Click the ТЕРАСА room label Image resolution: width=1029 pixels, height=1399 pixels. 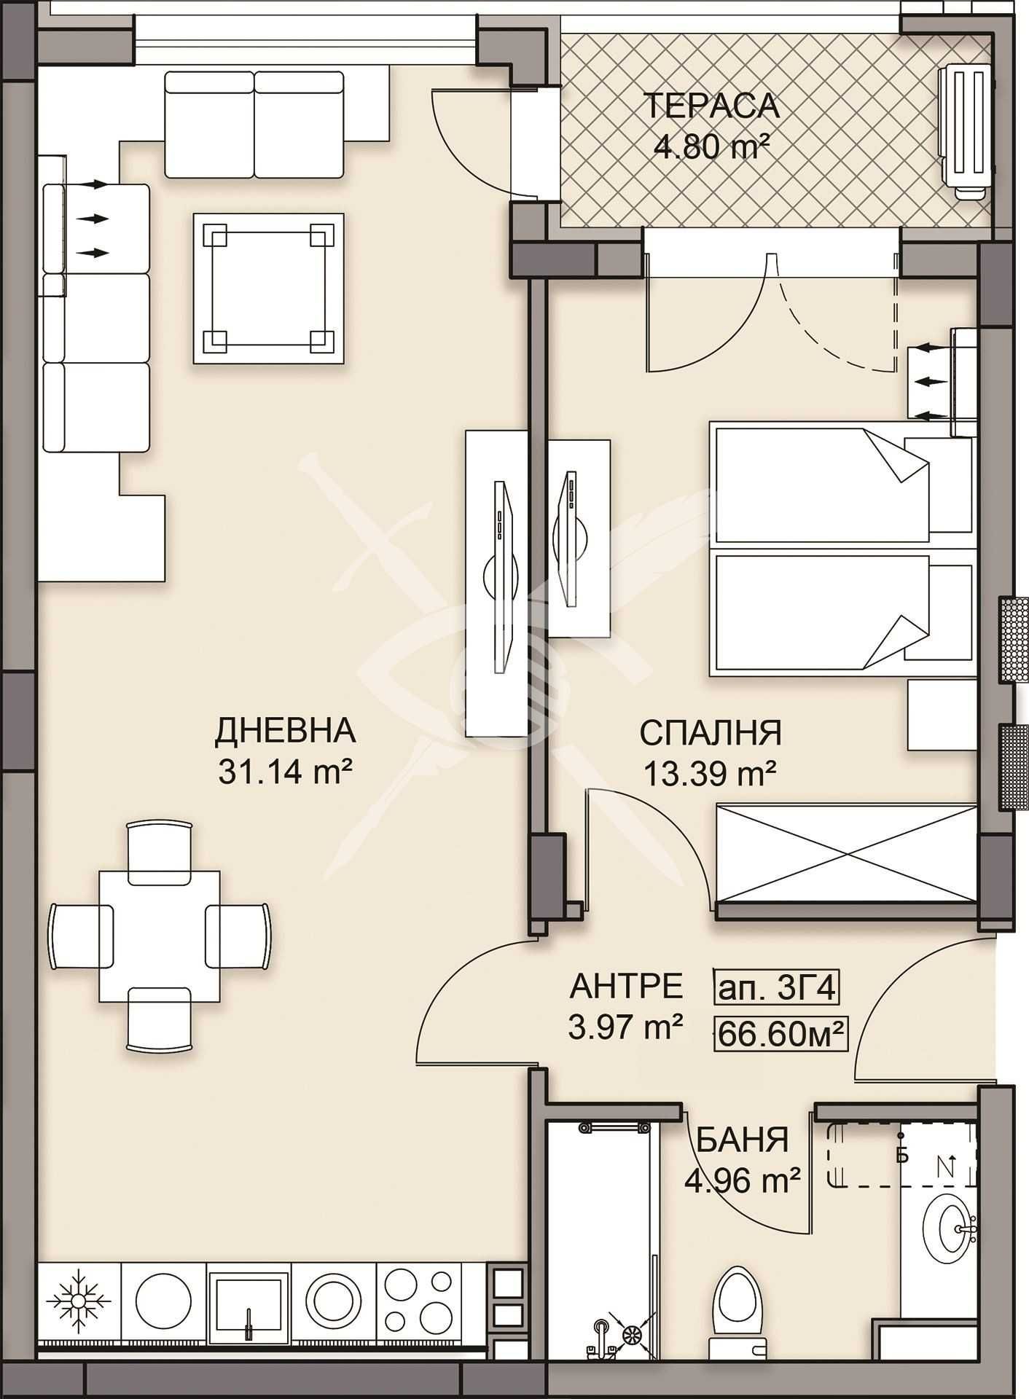point(712,106)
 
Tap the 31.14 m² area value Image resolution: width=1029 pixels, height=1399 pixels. point(285,771)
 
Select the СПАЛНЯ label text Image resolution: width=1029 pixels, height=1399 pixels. point(711,732)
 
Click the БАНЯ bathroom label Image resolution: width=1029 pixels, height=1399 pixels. point(743,1140)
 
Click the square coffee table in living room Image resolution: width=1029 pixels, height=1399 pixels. point(267,289)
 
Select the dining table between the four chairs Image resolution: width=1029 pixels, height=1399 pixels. point(160,936)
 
